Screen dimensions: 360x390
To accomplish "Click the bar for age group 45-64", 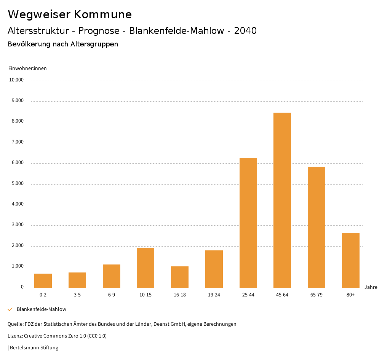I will tap(282, 200).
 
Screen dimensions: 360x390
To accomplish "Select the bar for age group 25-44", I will tap(248, 223).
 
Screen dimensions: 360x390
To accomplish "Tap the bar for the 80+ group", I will tap(350, 260).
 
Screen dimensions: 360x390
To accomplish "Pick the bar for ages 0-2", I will tap(43, 280).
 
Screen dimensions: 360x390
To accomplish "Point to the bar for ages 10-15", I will tap(145, 268).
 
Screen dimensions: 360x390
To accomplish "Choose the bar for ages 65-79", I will tap(316, 227).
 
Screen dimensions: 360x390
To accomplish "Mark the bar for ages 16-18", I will tap(180, 277).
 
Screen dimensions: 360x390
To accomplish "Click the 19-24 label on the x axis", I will tap(214, 295).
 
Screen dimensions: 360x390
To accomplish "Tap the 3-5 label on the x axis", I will tap(77, 295).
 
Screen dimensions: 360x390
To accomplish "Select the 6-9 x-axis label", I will tap(111, 295).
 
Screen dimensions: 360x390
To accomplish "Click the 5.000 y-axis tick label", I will tap(17, 183).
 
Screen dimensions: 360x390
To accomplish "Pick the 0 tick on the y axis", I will tap(22, 287).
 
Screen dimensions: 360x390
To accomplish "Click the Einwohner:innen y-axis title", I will tap(27, 68).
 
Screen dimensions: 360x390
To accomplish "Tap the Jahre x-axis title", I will tap(371, 287).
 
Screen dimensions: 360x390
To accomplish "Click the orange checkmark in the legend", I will tap(10, 309).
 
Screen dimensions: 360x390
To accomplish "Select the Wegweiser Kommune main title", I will tap(70, 14).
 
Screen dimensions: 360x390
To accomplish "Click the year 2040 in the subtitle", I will tap(245, 31).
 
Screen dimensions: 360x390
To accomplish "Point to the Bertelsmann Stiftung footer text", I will tap(34, 347).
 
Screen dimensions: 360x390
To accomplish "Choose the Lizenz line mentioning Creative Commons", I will tap(57, 336).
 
